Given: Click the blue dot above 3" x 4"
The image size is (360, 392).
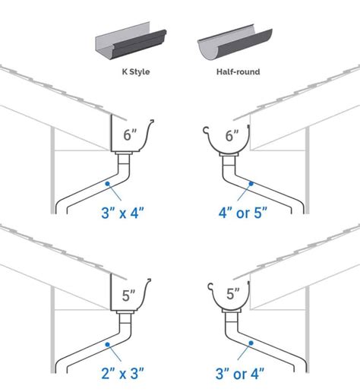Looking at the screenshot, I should click(x=110, y=184).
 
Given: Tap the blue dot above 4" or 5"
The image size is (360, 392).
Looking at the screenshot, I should click(x=254, y=183).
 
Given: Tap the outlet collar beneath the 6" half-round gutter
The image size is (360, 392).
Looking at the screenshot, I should click(x=228, y=158).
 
